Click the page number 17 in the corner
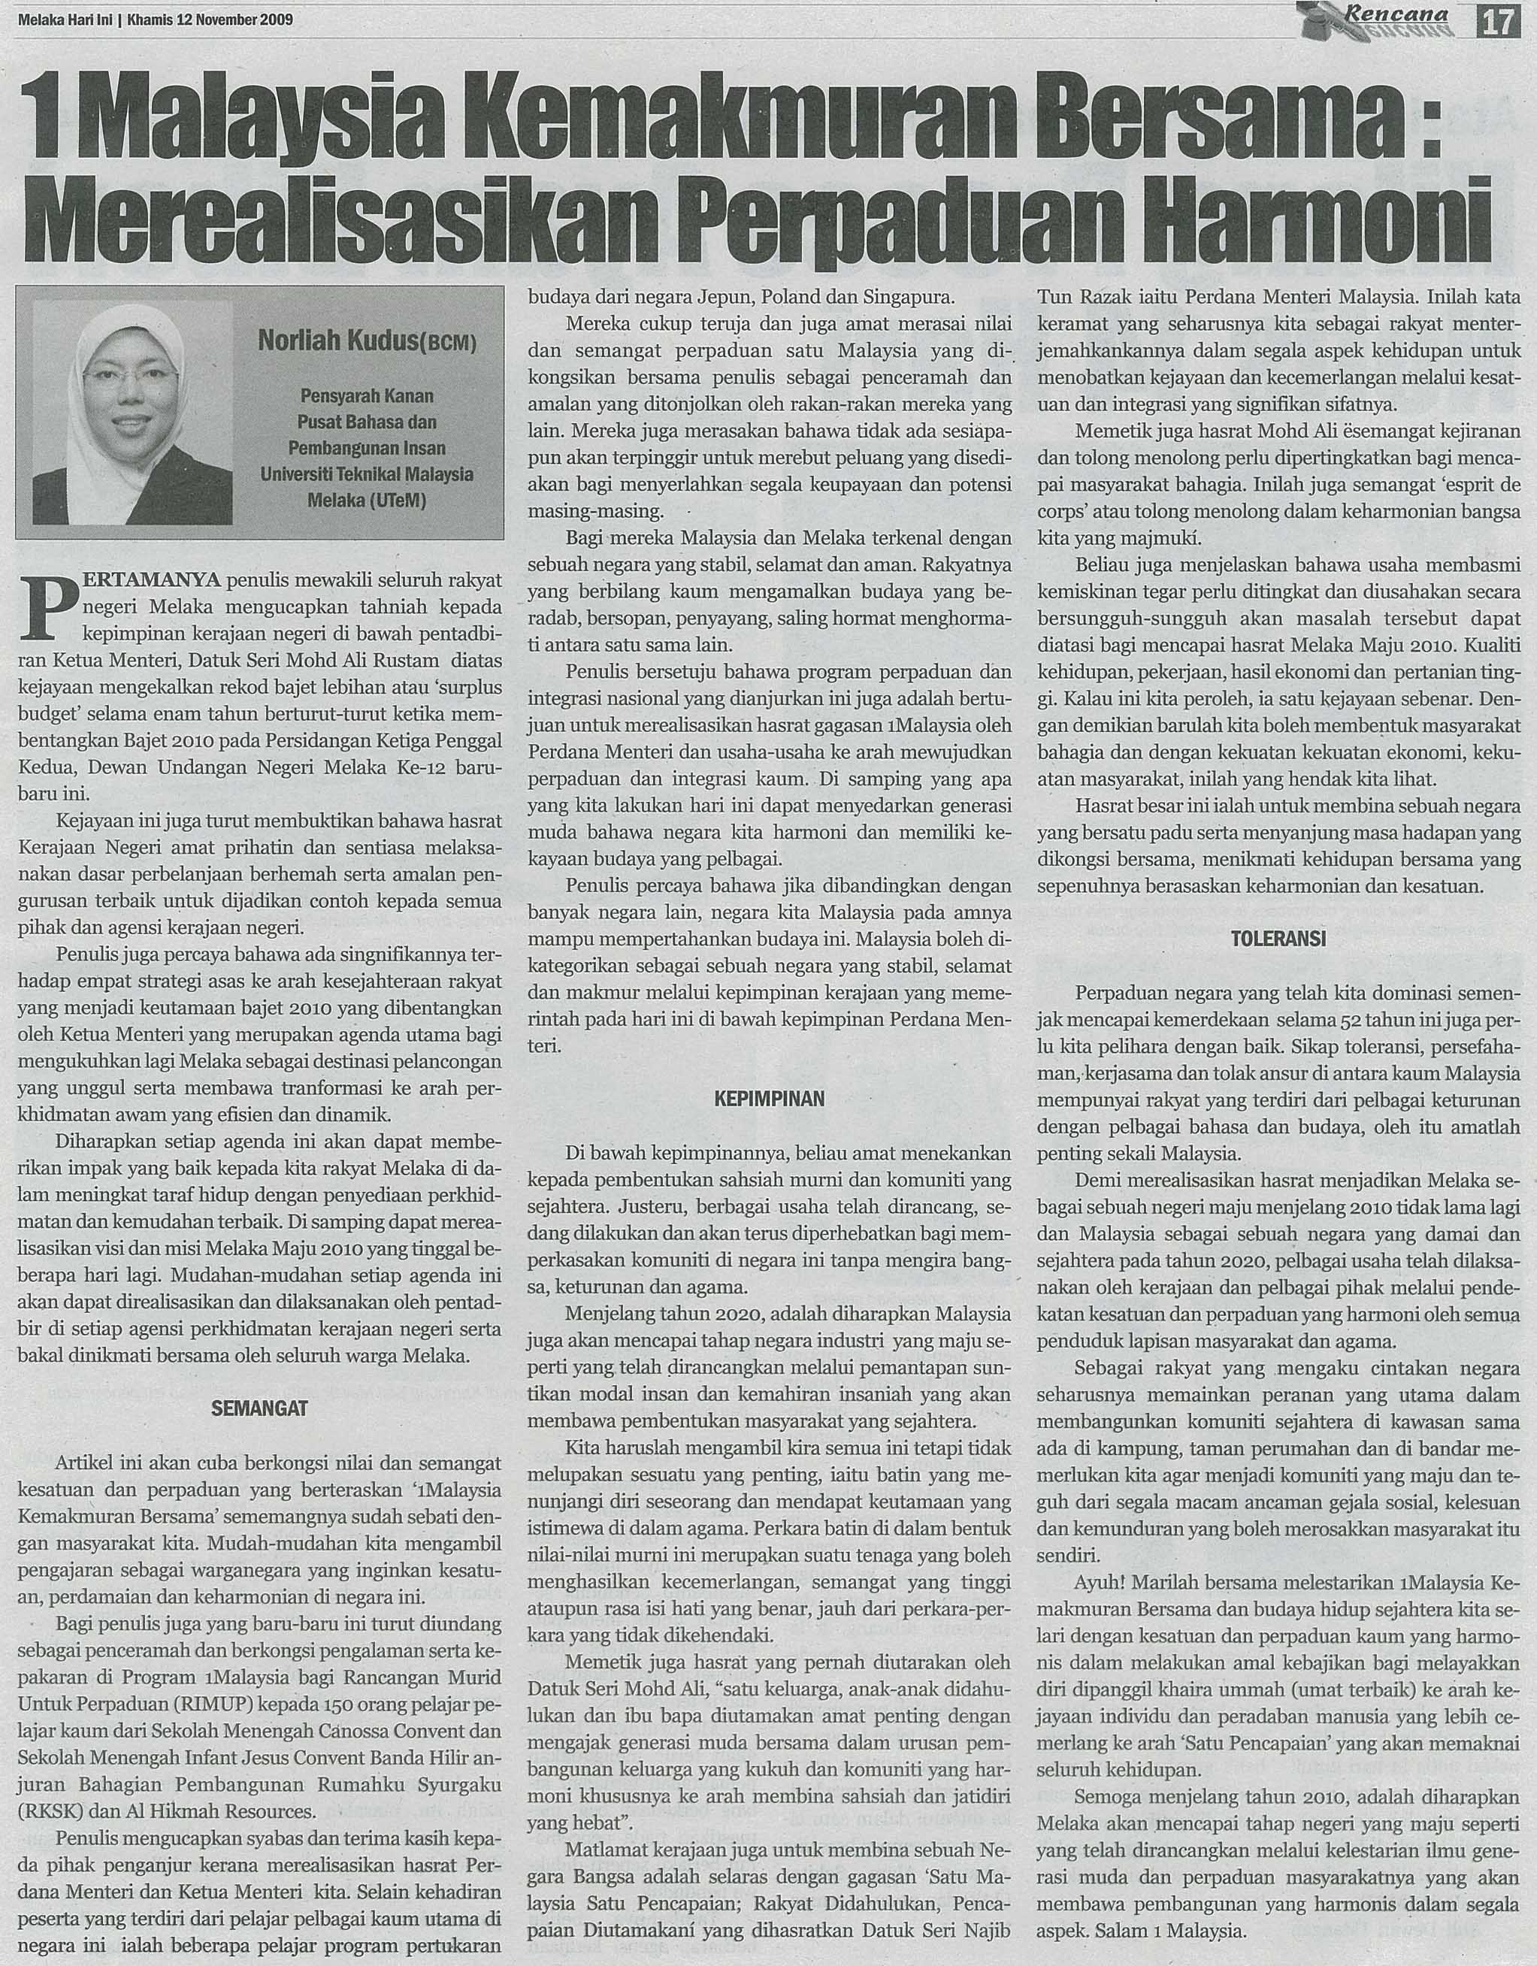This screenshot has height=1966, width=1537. coord(1499,20)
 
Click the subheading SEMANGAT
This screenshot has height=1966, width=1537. coord(259,1408)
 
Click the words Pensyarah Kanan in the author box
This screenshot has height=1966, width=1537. coord(367,395)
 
